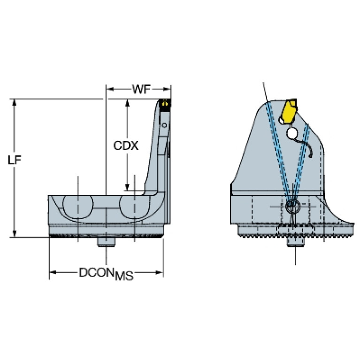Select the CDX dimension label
click(126, 146)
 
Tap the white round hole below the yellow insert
click(292, 134)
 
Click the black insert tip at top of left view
click(165, 103)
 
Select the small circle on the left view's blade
click(164, 125)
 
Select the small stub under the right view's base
click(295, 241)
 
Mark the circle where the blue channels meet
click(292, 205)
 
